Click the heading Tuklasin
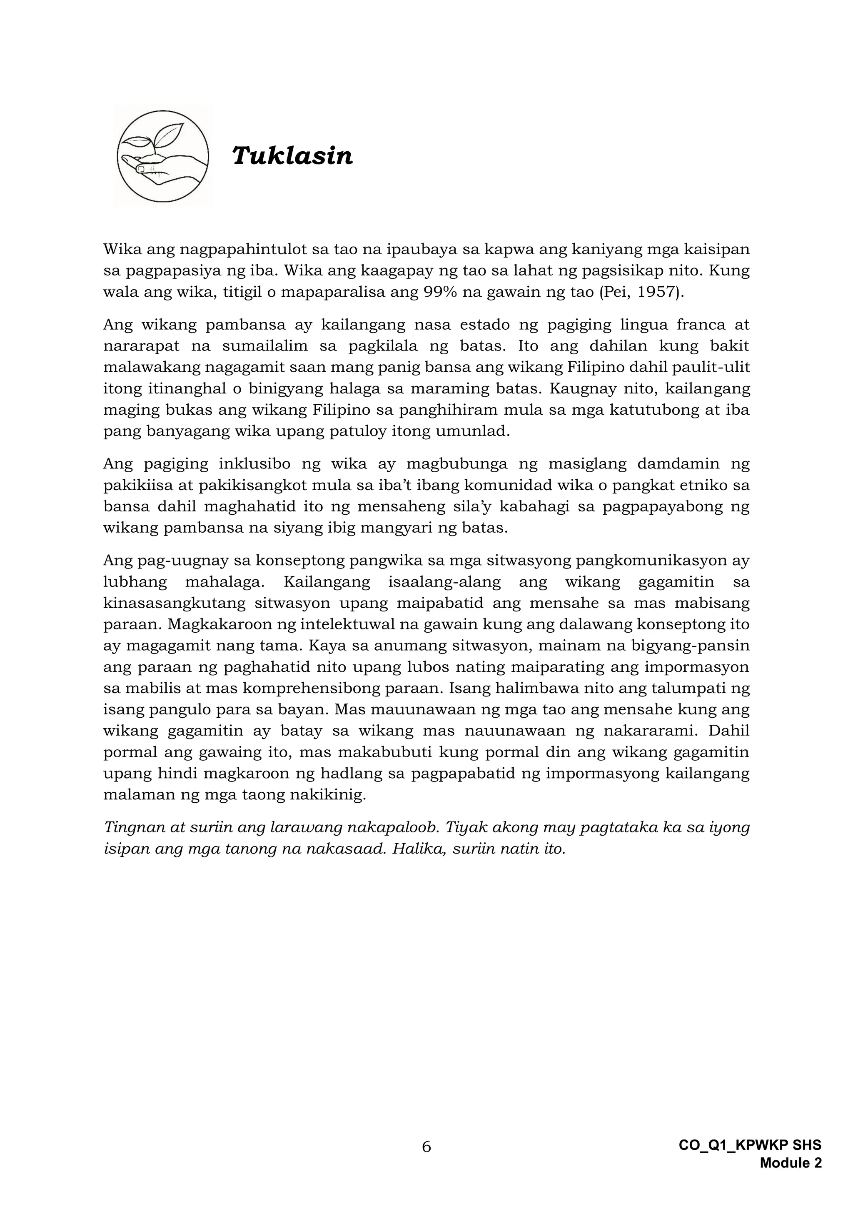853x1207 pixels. pos(292,156)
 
